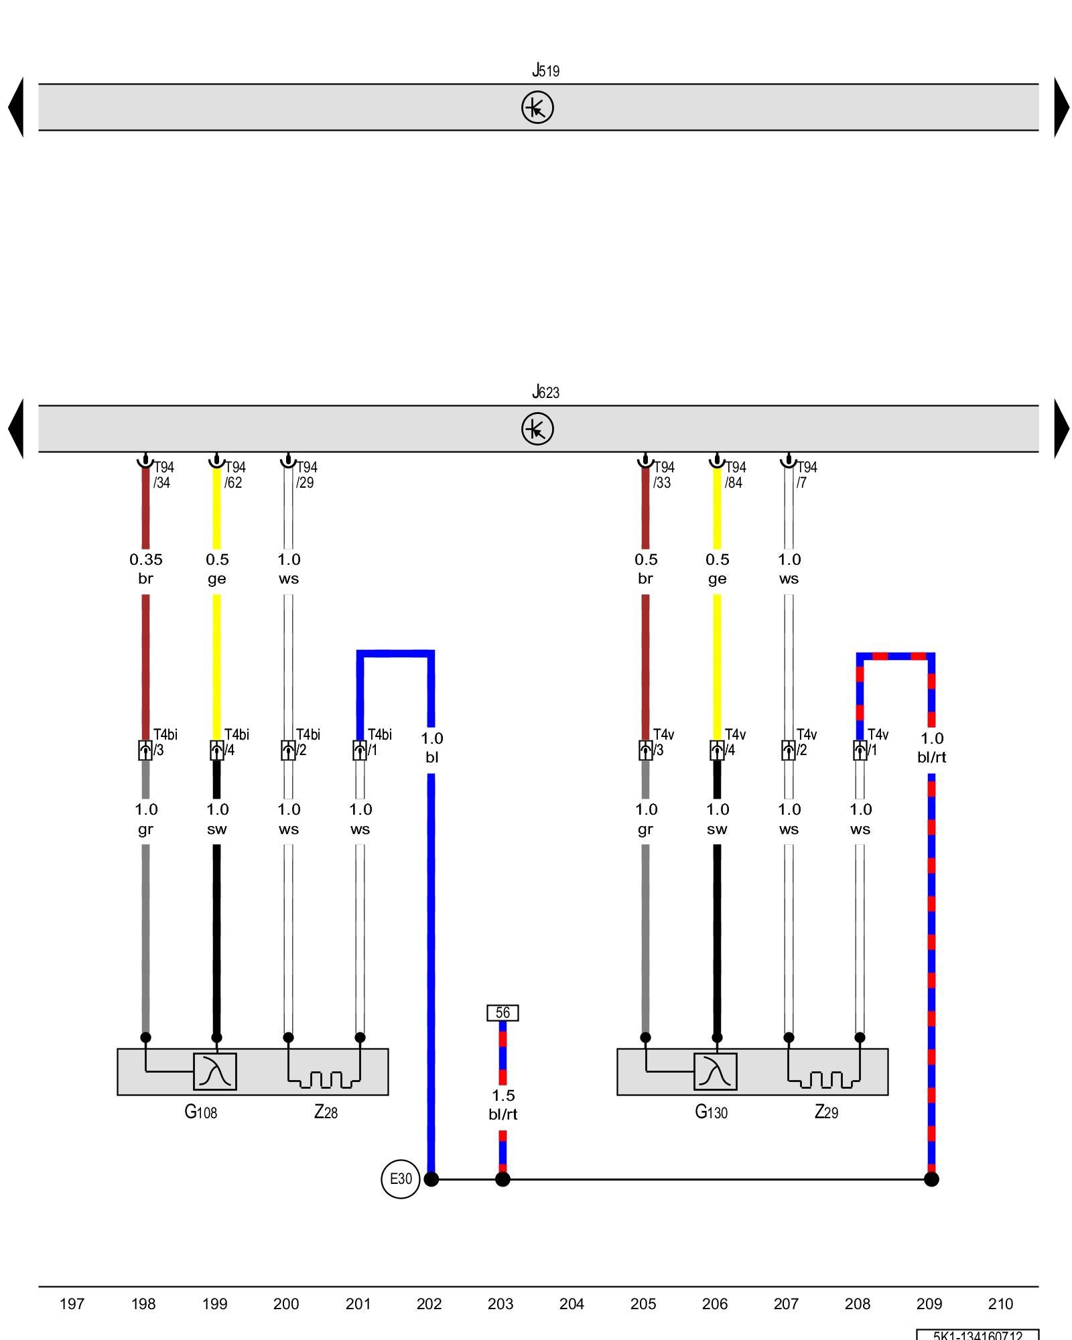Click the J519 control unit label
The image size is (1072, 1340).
coord(545,70)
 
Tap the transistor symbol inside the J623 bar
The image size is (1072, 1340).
coord(537,429)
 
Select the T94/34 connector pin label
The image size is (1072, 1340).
coord(163,474)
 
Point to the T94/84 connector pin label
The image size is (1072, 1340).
coord(735,474)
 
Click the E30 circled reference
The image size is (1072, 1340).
coord(401,1179)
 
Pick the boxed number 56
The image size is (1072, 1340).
coord(503,1012)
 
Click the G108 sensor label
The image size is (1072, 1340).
coord(200,1112)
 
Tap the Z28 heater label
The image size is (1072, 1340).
coord(326,1112)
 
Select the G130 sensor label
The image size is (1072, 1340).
coord(710,1112)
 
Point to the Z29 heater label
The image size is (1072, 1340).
coord(826,1112)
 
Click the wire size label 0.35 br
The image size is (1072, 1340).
coord(145,568)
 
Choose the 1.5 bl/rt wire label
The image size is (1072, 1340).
coord(503,1104)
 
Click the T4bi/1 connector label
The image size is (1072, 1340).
coord(379,742)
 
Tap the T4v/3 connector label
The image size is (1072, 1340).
coord(663,742)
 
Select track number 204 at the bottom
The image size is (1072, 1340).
coord(572,1304)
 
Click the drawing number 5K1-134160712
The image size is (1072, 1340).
coord(978,1335)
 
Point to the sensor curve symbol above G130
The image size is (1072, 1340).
coord(715,1071)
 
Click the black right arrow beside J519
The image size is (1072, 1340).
coord(1061,107)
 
